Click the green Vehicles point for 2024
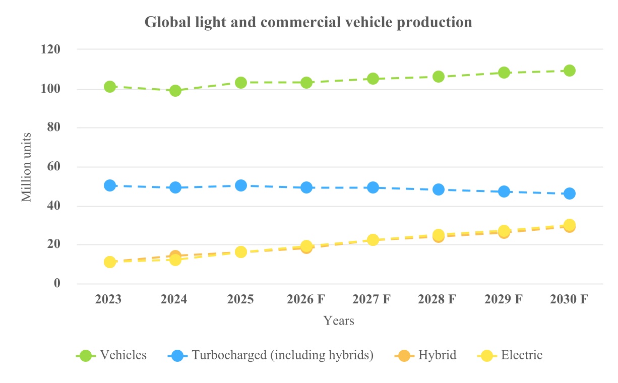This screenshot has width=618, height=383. point(175,91)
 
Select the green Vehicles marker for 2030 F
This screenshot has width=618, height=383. point(570,71)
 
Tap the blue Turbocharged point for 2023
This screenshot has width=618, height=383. point(110,185)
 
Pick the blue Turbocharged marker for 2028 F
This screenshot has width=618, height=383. point(439,189)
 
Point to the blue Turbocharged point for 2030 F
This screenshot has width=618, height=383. point(570,194)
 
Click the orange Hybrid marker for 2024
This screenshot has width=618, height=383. point(175,256)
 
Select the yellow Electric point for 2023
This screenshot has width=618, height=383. point(110,262)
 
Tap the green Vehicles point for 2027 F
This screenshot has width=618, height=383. point(373,79)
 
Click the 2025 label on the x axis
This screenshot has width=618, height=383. point(240,299)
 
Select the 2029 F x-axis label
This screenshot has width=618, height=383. point(503,299)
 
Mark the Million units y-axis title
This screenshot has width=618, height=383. point(27,167)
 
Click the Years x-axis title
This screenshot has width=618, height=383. point(339,321)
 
